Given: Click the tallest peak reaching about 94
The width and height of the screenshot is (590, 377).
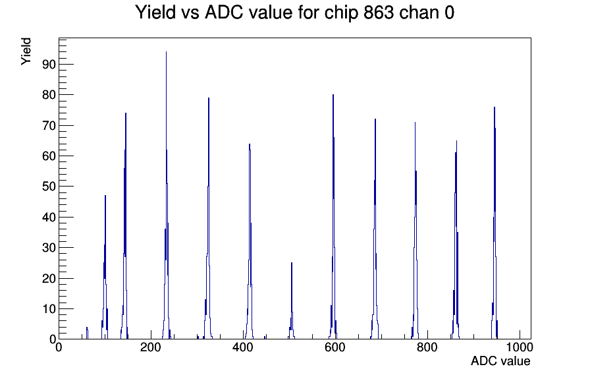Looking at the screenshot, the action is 166,52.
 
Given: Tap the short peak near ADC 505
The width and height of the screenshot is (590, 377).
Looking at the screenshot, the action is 292,263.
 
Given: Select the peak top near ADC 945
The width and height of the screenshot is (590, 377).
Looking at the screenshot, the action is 495,107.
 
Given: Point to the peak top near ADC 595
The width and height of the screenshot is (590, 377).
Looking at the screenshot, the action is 333,95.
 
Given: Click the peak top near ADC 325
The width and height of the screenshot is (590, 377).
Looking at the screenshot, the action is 209,98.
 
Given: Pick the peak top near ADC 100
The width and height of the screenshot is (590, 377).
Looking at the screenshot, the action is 105,196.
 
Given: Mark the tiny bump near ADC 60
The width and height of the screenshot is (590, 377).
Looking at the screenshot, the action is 87,328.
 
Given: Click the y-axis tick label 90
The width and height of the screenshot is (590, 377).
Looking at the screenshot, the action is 49,65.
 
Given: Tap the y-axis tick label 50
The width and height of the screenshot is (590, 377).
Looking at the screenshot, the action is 49,187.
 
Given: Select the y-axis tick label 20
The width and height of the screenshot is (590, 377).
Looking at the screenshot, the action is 49,278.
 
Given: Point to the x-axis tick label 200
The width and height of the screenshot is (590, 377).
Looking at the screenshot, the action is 151,347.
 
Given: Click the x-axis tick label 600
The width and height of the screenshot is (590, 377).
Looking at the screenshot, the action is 335,347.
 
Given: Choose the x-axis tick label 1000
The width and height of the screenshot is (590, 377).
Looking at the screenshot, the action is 520,347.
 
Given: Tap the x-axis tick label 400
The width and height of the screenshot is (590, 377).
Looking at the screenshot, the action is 243,347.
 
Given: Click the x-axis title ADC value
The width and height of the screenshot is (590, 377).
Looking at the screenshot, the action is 500,361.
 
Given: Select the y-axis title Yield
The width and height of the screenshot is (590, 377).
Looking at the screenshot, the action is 26,51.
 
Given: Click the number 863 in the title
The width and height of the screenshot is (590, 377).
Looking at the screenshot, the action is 379,13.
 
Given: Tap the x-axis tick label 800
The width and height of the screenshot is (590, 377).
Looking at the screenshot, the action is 427,347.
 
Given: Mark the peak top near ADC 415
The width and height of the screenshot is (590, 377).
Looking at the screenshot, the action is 250,144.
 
